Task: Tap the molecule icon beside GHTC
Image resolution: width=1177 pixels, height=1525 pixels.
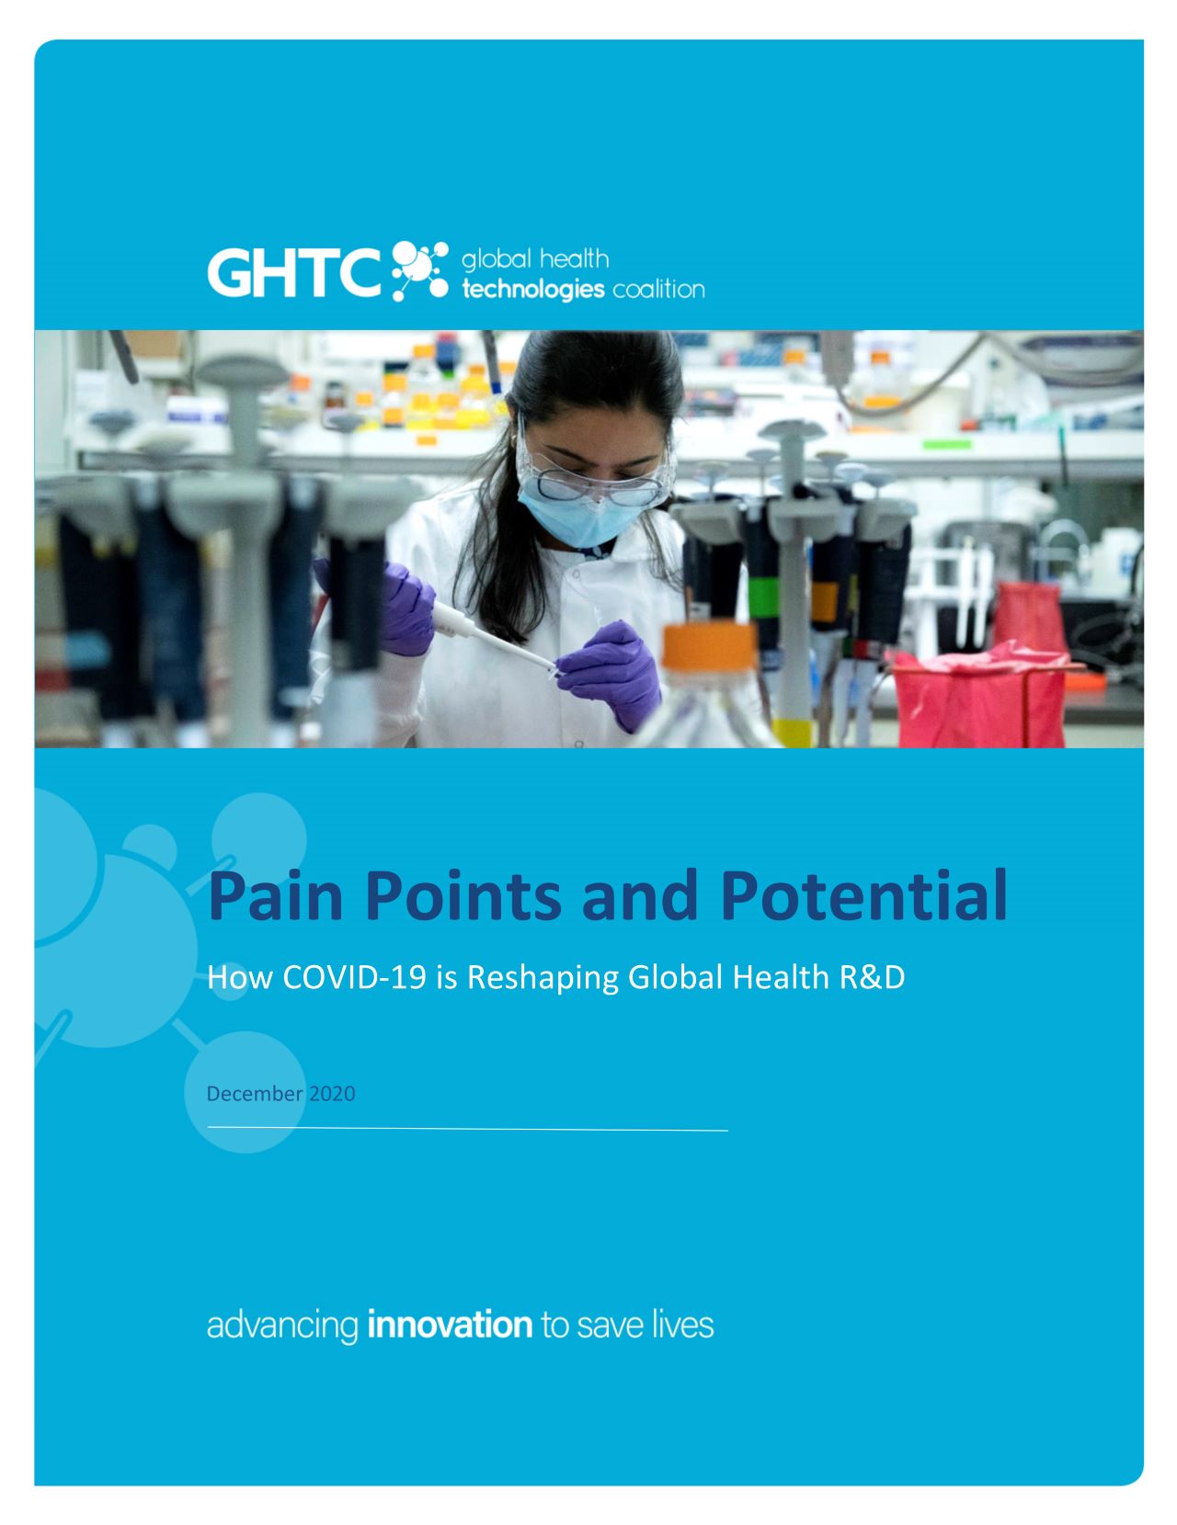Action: coord(419,270)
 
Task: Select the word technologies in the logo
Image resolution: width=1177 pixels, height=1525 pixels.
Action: coord(533,290)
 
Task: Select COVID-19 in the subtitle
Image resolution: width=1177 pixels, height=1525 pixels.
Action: coord(354,977)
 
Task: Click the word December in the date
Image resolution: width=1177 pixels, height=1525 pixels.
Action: coord(255,1093)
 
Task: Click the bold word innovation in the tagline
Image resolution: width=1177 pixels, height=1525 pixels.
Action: coord(450,1325)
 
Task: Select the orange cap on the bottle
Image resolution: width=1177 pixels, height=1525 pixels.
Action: coord(710,645)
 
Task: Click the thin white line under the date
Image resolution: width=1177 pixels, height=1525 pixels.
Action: coord(467,1129)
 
